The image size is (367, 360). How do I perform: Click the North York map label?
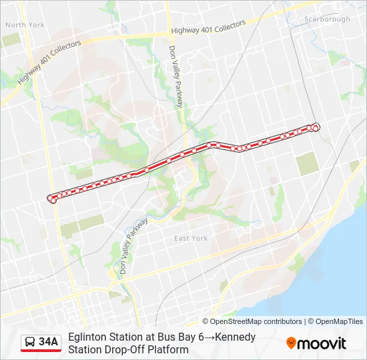pos(25,25)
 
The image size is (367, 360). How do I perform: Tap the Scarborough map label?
pos(327,19)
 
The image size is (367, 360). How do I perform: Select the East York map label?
pos(191,238)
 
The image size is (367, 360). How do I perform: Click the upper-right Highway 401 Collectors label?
pos(208,27)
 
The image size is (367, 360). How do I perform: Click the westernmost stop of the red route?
pos(51,198)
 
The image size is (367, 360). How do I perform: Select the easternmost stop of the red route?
pos(316,127)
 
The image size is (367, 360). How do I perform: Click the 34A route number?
pos(49,343)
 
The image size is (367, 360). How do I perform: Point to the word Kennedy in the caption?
pos(234,337)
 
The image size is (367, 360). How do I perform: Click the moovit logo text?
pos(322,343)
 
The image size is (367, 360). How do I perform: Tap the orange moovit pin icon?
pos(291,343)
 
